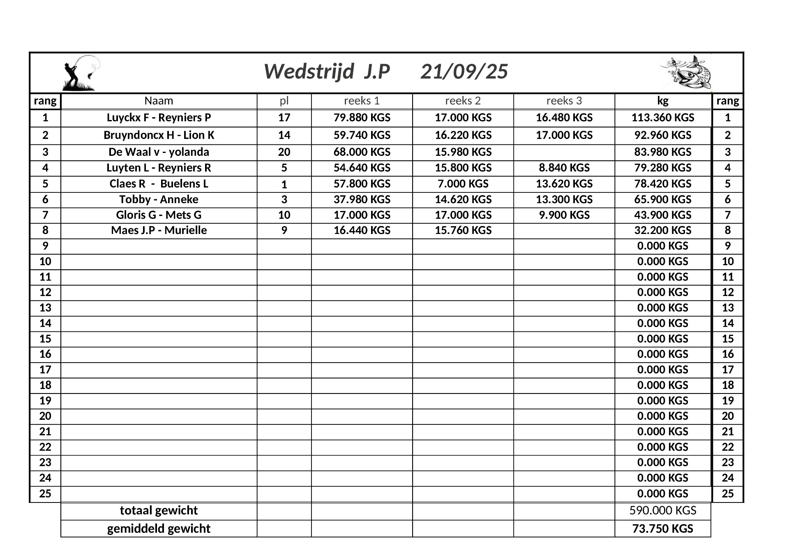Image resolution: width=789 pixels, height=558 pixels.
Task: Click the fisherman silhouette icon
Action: (x=81, y=73)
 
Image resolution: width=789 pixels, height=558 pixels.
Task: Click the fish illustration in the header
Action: (x=686, y=72)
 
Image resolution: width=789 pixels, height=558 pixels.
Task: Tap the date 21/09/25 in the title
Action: (x=464, y=72)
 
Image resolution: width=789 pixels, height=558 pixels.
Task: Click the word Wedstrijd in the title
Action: (x=309, y=72)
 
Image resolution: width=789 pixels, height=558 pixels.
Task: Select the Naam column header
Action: (x=159, y=101)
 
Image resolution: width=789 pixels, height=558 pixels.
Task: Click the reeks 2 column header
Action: (x=463, y=101)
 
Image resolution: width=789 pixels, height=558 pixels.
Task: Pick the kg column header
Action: (x=662, y=101)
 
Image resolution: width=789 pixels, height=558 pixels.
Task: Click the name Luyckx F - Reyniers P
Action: (x=159, y=118)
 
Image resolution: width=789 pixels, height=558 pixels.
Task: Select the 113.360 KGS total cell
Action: (x=662, y=118)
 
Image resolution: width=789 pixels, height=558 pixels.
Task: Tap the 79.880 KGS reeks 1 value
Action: (x=362, y=118)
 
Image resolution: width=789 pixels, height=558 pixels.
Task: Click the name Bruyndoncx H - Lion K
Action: (x=159, y=135)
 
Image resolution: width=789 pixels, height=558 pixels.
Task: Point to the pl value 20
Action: (x=284, y=152)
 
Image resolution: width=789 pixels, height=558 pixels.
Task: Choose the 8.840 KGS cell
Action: (x=564, y=168)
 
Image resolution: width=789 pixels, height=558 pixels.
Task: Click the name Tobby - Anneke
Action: (x=159, y=199)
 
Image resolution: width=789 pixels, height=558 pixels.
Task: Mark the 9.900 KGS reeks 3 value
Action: (x=564, y=215)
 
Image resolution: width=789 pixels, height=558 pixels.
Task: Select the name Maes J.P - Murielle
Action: (x=159, y=230)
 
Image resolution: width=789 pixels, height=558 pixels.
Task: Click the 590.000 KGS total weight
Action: (x=662, y=511)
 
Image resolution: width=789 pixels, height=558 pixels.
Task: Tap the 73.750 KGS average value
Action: (x=662, y=529)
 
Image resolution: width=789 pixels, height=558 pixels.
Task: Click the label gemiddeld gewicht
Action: (x=159, y=529)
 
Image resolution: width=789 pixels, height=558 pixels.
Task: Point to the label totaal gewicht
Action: (x=159, y=511)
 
